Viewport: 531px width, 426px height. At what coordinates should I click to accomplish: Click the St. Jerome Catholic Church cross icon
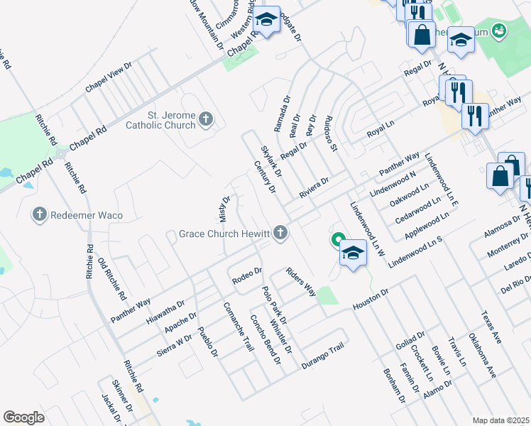206,119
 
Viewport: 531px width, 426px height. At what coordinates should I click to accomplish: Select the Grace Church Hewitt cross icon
281,232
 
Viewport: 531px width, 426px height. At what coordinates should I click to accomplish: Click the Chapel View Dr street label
109,76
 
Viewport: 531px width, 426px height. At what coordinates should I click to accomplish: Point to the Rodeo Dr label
247,276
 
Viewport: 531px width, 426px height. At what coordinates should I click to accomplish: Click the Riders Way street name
300,281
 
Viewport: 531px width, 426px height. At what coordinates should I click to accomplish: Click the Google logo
23,417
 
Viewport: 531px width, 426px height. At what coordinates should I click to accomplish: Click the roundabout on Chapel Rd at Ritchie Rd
60,153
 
